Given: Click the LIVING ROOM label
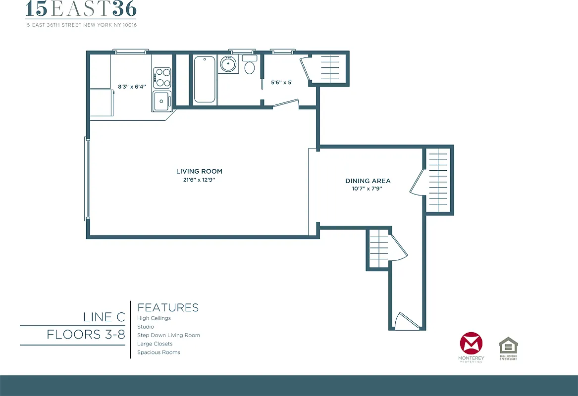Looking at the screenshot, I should click(199, 171).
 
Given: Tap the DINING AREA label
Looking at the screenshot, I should click(368, 181).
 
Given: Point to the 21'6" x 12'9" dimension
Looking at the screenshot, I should click(199, 180).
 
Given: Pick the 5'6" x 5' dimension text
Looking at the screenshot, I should click(281, 83).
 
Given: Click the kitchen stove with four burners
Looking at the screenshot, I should click(162, 77).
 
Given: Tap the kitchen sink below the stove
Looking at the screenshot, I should click(161, 102).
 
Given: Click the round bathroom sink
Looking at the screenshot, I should click(228, 65).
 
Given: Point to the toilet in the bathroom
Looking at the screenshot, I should click(249, 66).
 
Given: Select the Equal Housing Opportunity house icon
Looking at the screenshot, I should click(508, 345).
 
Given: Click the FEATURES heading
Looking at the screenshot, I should click(168, 307).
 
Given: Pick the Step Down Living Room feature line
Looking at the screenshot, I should click(168, 335).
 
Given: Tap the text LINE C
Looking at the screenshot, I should click(104, 317).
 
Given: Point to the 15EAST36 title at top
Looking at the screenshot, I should click(81, 9).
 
